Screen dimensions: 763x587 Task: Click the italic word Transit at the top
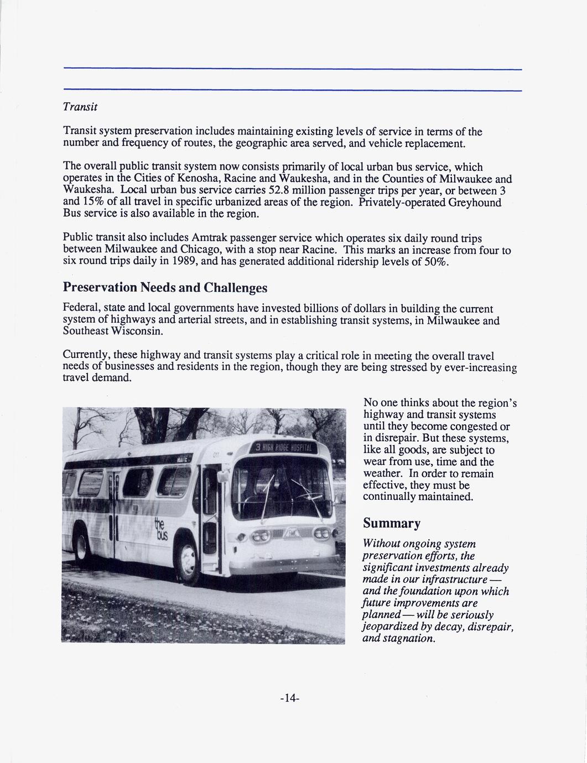[x=81, y=106]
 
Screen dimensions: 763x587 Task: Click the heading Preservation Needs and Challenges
[x=165, y=288]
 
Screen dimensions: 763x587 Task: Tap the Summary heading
[x=392, y=523]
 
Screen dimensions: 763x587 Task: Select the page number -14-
[x=290, y=698]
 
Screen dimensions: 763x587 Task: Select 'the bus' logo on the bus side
[x=162, y=530]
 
